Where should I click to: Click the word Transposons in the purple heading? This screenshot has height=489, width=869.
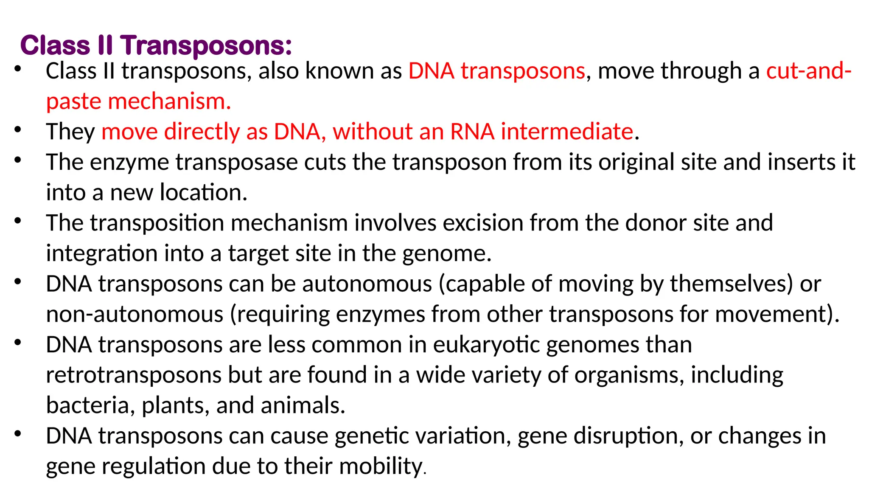click(x=207, y=45)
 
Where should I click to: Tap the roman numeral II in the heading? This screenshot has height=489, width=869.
click(x=105, y=45)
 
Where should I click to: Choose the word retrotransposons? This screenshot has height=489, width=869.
click(x=134, y=375)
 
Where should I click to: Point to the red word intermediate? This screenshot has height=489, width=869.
click(x=567, y=132)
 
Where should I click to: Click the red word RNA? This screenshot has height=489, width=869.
click(x=472, y=132)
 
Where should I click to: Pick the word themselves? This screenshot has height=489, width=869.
click(x=731, y=284)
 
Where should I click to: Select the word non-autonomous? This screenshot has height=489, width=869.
click(x=135, y=315)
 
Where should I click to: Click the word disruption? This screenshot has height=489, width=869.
click(x=628, y=436)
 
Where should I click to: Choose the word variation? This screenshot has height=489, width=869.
click(x=460, y=436)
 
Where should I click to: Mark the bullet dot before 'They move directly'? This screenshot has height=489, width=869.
click(x=17, y=129)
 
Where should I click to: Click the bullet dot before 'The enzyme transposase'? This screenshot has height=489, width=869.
click(x=17, y=160)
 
